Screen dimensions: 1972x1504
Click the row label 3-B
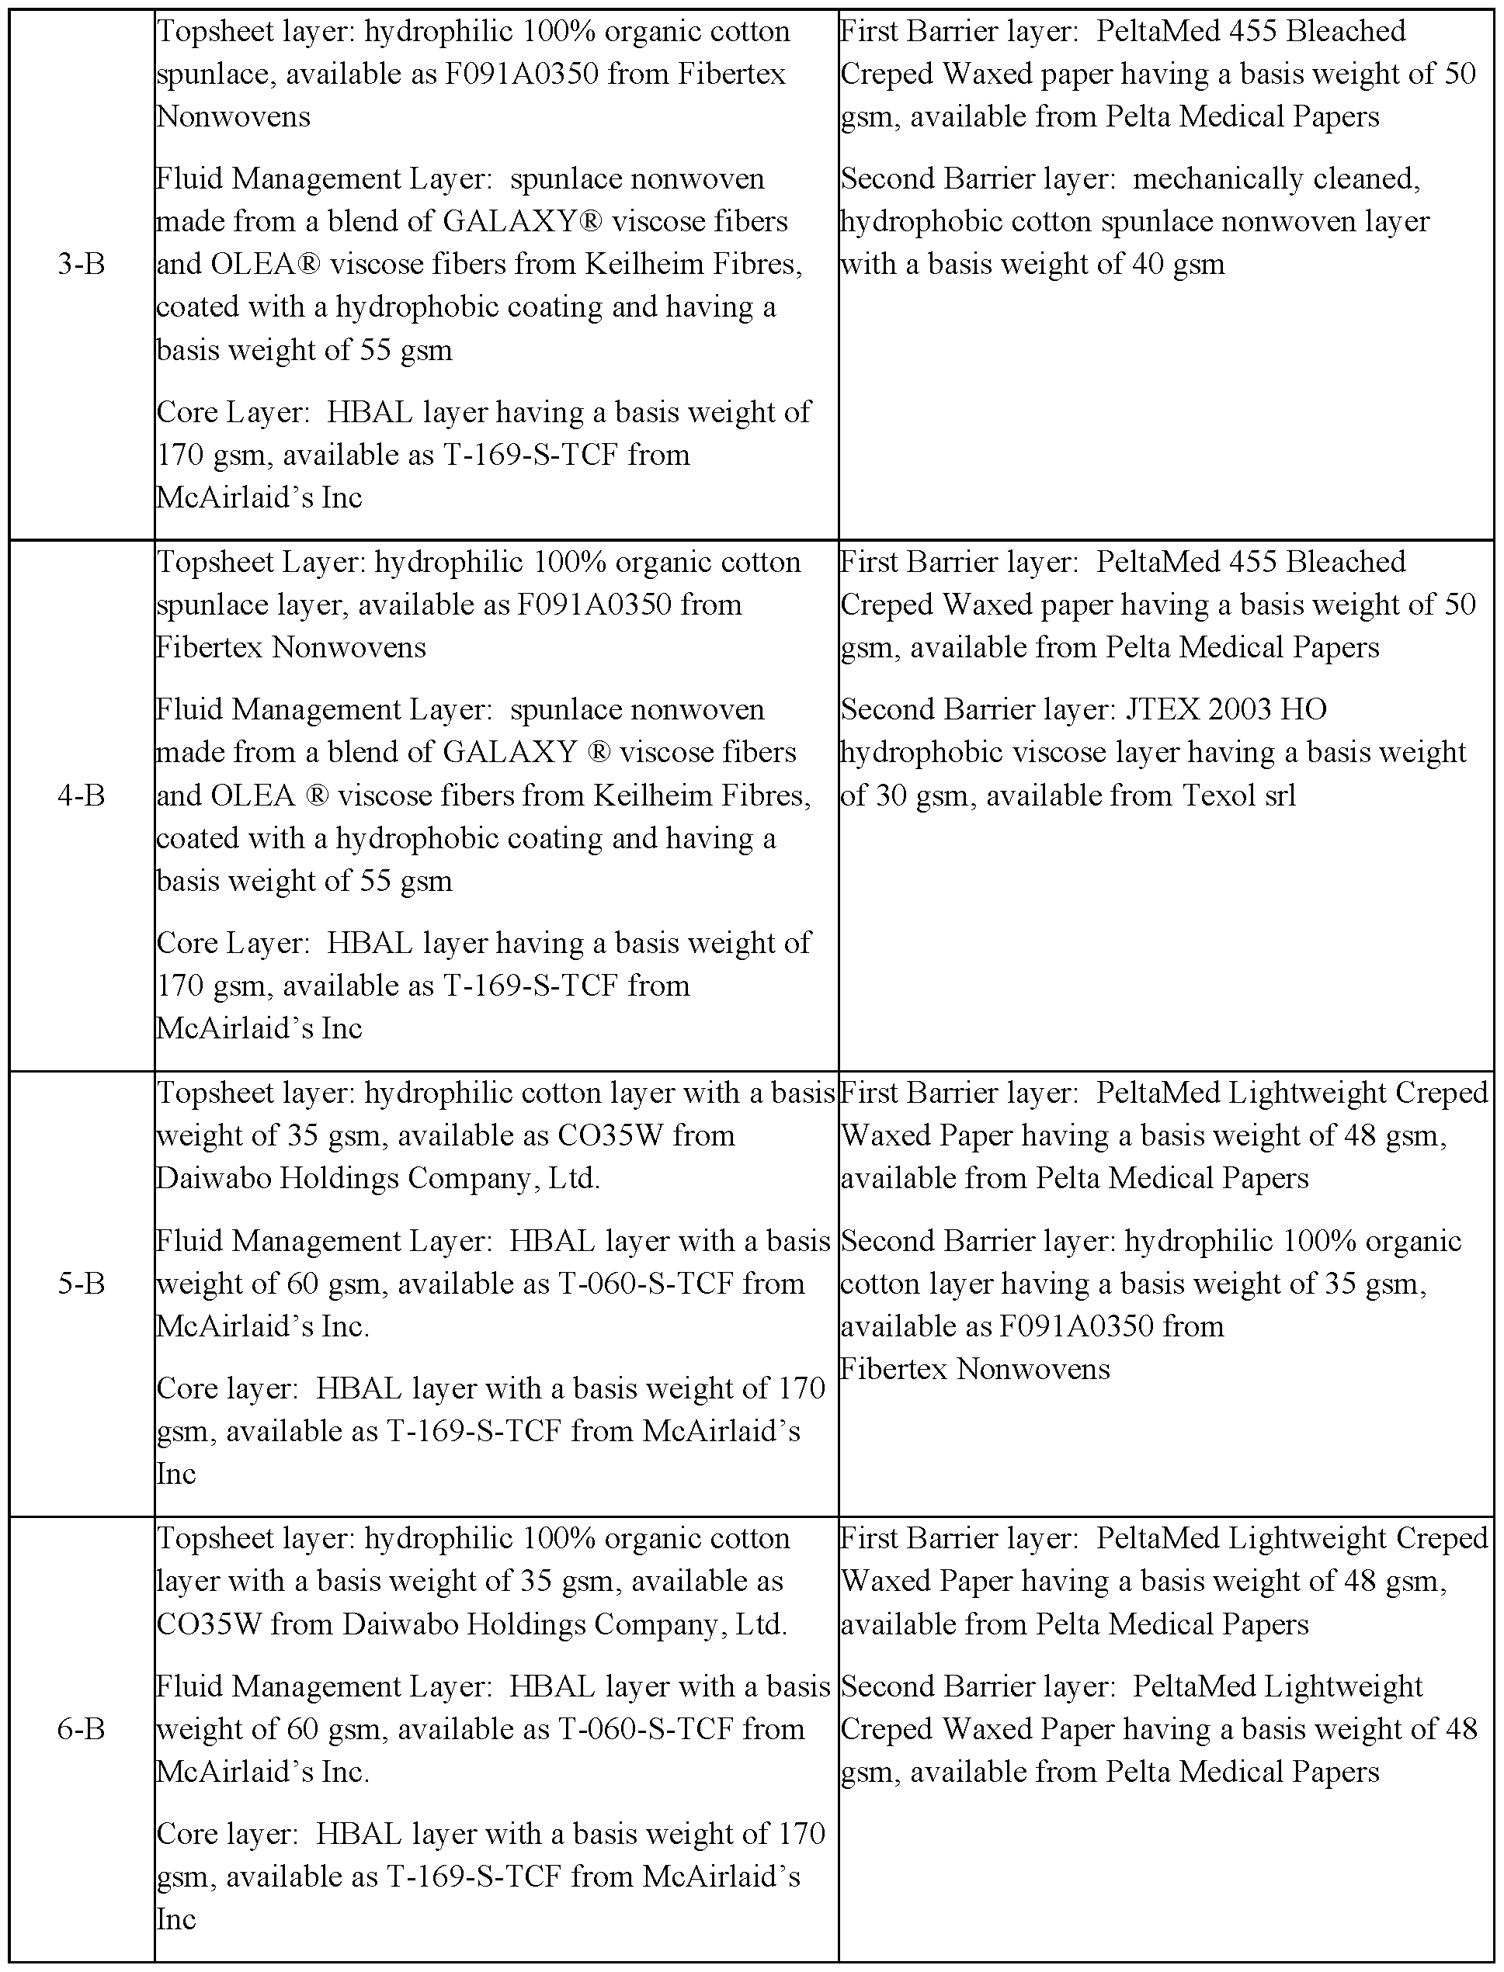tap(81, 265)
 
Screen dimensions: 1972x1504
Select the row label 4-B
tap(81, 795)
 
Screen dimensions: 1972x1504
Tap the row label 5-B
tap(81, 1284)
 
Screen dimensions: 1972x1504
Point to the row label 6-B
tap(81, 1728)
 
